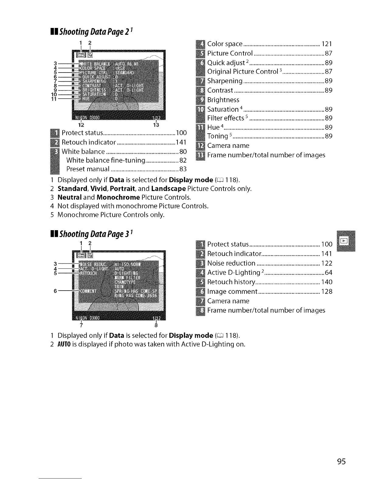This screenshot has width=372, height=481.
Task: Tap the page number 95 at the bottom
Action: [x=341, y=462]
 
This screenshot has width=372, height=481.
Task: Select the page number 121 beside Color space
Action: [x=327, y=44]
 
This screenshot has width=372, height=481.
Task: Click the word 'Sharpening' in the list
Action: [x=225, y=81]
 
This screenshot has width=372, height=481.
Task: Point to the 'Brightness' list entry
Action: [x=223, y=100]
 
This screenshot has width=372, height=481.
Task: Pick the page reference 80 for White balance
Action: [x=183, y=152]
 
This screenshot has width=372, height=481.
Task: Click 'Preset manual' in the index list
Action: [x=88, y=169]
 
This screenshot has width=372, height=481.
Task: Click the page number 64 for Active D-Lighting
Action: [x=329, y=273]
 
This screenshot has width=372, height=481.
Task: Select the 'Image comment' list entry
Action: [x=232, y=292]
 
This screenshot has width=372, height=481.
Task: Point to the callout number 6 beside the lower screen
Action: [x=55, y=291]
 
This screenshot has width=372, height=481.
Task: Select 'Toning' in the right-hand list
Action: [x=218, y=136]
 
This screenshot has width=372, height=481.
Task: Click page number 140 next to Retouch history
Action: [x=327, y=282]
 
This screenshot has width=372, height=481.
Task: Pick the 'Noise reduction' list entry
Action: [x=231, y=263]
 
